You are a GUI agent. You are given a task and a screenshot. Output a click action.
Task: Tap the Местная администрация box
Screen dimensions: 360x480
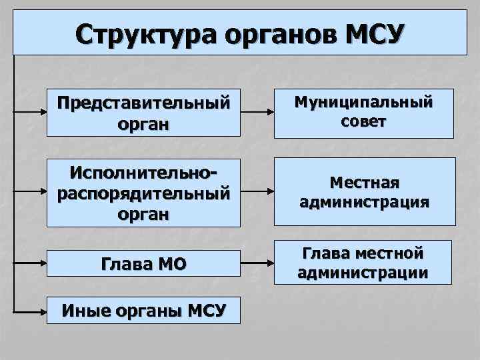pyautogui.click(x=365, y=192)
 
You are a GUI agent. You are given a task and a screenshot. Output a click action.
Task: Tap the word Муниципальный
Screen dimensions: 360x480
pyautogui.click(x=365, y=103)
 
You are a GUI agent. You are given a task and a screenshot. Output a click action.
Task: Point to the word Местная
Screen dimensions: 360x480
pyautogui.click(x=365, y=183)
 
